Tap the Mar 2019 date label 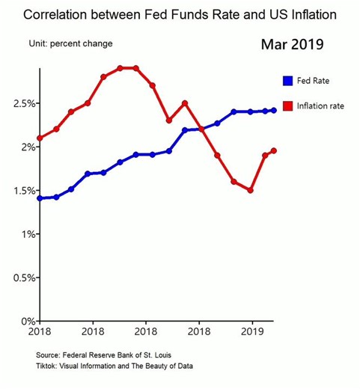pos(292,44)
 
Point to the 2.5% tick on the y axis pos(21,103)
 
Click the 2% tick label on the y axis pos(25,147)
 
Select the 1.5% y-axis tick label pos(21,191)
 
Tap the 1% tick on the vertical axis pos(25,234)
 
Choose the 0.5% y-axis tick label pos(21,278)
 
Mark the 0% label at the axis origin pos(25,321)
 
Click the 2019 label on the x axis pos(253,331)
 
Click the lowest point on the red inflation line pos(251,190)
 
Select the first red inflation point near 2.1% pos(39,138)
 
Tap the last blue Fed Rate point pos(273,110)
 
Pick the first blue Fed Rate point pos(39,198)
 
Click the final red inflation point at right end pos(273,150)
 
